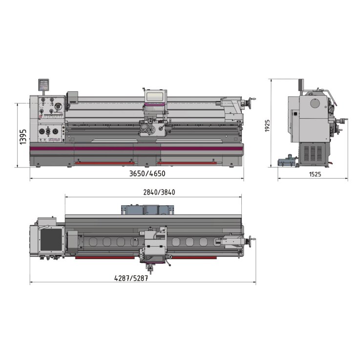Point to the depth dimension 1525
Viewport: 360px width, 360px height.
[x=315, y=174]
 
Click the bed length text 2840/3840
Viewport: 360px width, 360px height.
[x=159, y=192]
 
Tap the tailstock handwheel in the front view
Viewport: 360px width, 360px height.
[x=253, y=102]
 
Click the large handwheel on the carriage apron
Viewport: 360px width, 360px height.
[x=146, y=130]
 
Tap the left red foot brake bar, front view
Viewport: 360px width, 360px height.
[x=103, y=164]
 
